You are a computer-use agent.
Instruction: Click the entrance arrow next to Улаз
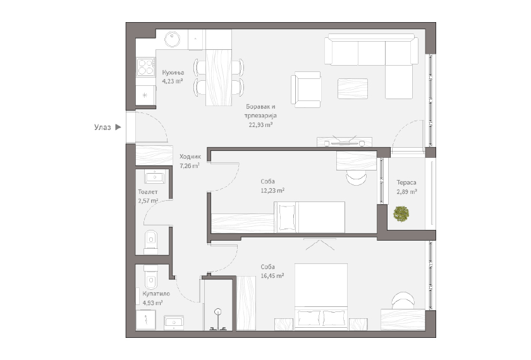(118, 127)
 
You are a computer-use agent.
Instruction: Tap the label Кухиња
(173, 73)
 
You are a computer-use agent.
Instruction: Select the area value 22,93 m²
(260, 124)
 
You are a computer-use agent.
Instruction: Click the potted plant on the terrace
(401, 214)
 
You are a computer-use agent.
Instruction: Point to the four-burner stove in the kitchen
(146, 67)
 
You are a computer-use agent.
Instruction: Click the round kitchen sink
(173, 39)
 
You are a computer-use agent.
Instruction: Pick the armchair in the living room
(306, 90)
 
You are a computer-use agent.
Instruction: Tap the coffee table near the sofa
(353, 88)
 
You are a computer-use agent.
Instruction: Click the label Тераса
(406, 183)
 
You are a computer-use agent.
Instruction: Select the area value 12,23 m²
(272, 191)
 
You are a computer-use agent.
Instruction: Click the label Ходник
(190, 157)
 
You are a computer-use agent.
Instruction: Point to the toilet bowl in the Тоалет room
(151, 242)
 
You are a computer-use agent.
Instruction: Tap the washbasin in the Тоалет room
(155, 177)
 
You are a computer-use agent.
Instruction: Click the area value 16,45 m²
(272, 276)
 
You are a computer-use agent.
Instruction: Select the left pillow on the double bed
(308, 318)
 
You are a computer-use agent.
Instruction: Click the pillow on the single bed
(286, 217)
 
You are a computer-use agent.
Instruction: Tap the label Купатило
(156, 294)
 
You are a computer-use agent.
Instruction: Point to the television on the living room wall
(345, 141)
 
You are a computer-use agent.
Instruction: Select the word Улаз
(102, 127)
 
